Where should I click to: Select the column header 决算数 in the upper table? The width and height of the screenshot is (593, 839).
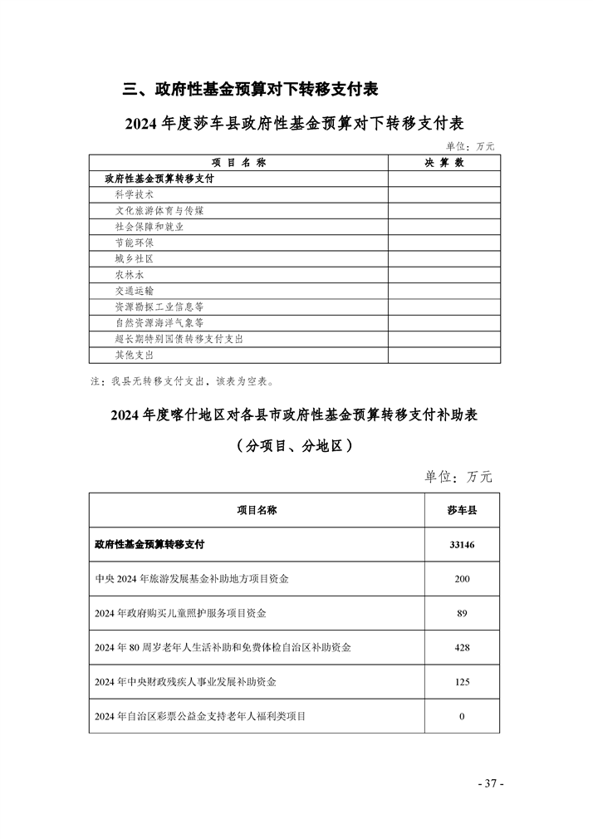click(444, 163)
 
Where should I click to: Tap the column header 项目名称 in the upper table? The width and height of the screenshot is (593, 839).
click(238, 163)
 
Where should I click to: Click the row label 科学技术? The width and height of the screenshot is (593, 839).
click(134, 194)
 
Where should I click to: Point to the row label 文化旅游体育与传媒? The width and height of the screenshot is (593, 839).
click(159, 211)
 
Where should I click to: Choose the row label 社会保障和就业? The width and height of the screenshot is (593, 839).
click(149, 227)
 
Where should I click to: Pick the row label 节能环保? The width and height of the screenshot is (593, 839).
click(134, 243)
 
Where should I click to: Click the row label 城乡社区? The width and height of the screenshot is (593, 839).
click(134, 258)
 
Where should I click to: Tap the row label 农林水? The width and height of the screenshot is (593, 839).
click(129, 275)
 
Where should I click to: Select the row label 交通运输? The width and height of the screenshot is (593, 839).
click(134, 291)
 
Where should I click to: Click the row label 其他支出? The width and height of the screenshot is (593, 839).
click(134, 355)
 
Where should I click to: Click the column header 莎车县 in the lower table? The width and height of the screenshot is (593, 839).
click(462, 510)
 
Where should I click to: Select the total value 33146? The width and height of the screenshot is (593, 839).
click(462, 545)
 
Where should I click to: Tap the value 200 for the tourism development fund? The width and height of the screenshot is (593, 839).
click(462, 579)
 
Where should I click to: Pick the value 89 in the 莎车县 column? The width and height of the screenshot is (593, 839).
click(462, 613)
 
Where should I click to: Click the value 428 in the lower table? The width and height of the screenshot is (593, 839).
click(462, 647)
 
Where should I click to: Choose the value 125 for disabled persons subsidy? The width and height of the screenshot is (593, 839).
click(462, 682)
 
